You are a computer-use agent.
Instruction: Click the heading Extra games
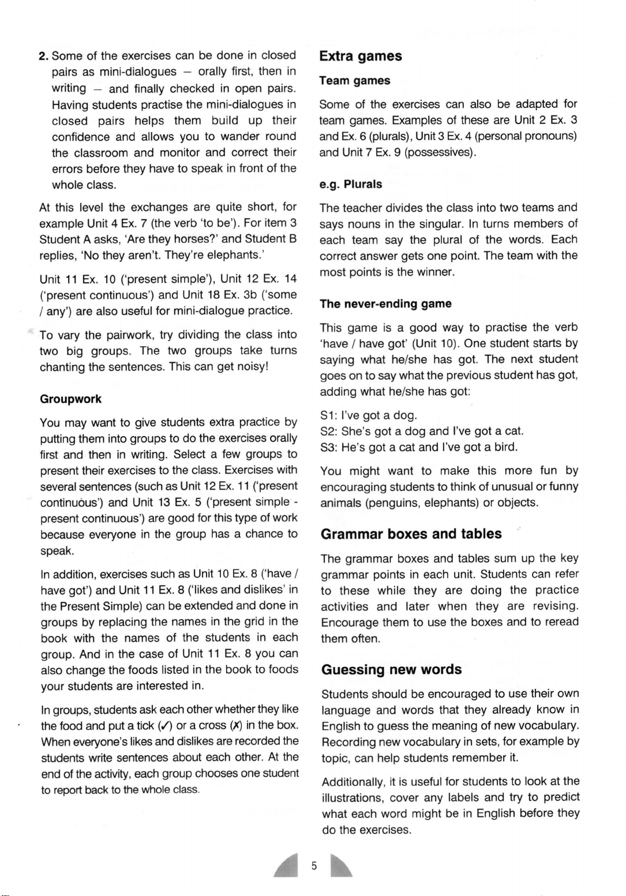[361, 57]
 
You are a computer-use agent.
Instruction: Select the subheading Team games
[355, 81]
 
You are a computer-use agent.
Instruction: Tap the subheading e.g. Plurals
[351, 185]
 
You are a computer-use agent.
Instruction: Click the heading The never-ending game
[386, 304]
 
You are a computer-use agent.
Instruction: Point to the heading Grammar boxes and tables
[411, 534]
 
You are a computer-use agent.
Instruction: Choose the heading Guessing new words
[392, 670]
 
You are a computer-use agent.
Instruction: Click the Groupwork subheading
[71, 399]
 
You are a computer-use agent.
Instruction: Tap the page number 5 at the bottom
[314, 865]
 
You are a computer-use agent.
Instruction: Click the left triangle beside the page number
[287, 865]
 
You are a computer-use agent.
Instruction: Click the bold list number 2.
[43, 57]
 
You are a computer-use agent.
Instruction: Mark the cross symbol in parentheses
[236, 726]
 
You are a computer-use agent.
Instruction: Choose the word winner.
[436, 272]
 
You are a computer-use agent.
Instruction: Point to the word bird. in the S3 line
[505, 447]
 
